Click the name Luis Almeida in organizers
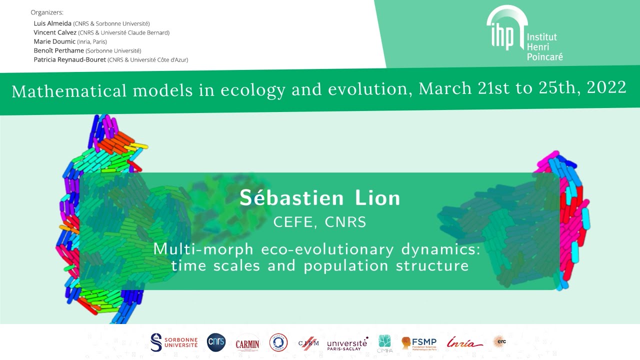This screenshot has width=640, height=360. point(52,23)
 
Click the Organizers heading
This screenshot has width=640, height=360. point(47,12)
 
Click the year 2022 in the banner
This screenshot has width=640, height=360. point(606,88)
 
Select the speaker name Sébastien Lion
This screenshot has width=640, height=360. point(320,198)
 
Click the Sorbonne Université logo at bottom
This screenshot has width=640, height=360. point(174,342)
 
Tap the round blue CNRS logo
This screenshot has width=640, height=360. point(216,342)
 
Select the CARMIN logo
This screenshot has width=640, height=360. point(247,343)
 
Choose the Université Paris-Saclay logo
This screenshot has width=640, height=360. point(347,343)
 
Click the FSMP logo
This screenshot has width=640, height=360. point(419,343)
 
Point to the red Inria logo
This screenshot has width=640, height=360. point(464,342)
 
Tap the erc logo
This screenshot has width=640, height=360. point(499,341)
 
